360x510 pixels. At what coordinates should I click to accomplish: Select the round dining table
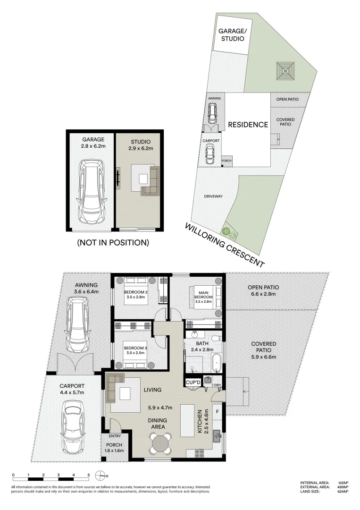(161, 444)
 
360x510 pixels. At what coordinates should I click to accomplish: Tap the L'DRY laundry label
(217, 385)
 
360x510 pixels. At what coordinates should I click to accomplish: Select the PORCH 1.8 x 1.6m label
(113, 448)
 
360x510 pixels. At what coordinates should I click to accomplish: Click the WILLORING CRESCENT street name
(225, 245)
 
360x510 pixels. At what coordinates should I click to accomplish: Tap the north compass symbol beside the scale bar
(100, 475)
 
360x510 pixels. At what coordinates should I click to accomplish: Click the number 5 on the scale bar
(88, 475)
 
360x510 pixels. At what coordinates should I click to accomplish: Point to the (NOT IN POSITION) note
(113, 243)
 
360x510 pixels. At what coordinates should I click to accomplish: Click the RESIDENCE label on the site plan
(248, 125)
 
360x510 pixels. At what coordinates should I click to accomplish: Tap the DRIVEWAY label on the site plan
(213, 196)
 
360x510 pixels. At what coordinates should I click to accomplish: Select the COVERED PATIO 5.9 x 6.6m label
(264, 350)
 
